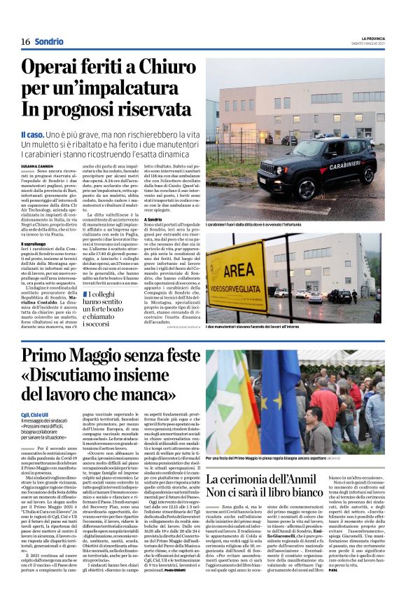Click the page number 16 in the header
point(25,41)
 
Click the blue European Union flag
point(280,403)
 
